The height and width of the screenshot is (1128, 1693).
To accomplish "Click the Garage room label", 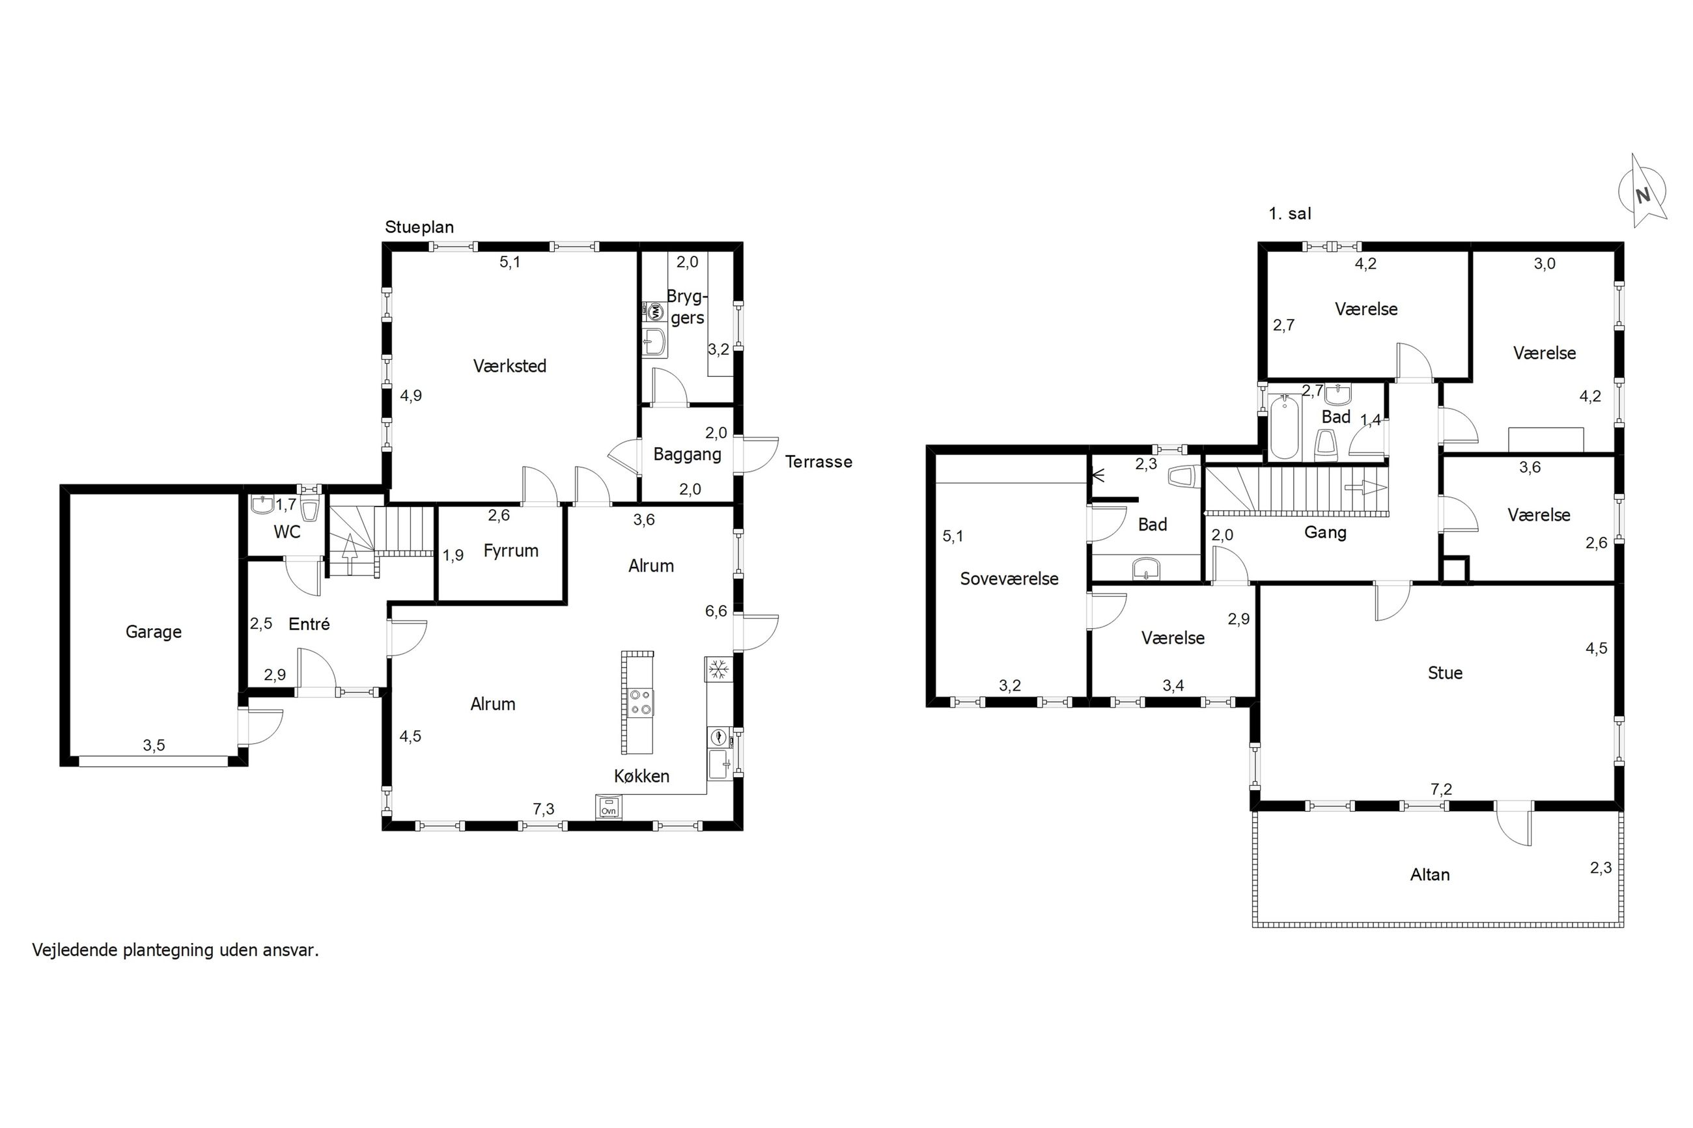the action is click(153, 632).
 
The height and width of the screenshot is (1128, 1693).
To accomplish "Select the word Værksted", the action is click(509, 366).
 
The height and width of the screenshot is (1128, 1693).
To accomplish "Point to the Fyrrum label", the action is click(511, 551).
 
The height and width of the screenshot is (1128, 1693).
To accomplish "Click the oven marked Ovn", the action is click(608, 806).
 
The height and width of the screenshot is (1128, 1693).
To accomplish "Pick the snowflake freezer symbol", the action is click(718, 670).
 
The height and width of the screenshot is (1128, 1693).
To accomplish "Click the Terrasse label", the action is click(818, 462).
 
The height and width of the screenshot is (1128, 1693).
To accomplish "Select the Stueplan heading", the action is click(419, 227).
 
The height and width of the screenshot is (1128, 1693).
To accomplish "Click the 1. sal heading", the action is click(1290, 213).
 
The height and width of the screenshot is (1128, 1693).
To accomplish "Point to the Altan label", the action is click(1430, 875).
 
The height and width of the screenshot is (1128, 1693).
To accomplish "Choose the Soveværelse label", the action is click(1009, 579).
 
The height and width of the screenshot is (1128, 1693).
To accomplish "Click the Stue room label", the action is click(1445, 673).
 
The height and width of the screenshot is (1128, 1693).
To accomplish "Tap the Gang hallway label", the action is click(1325, 533).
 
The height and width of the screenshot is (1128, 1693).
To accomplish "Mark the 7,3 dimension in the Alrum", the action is click(544, 808).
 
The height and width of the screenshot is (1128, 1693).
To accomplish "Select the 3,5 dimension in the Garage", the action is click(154, 745).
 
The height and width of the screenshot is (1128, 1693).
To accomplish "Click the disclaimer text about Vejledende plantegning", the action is click(176, 950).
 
